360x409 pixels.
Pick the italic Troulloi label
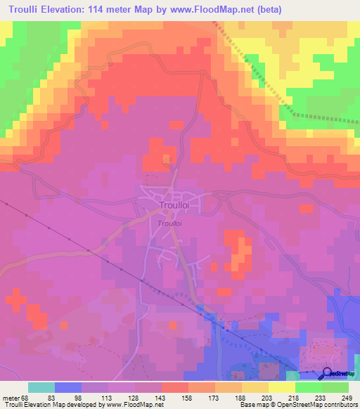[x=171, y=223]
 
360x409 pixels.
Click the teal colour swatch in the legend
[x=41, y=387]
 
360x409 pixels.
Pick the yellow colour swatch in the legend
[x=281, y=387]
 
